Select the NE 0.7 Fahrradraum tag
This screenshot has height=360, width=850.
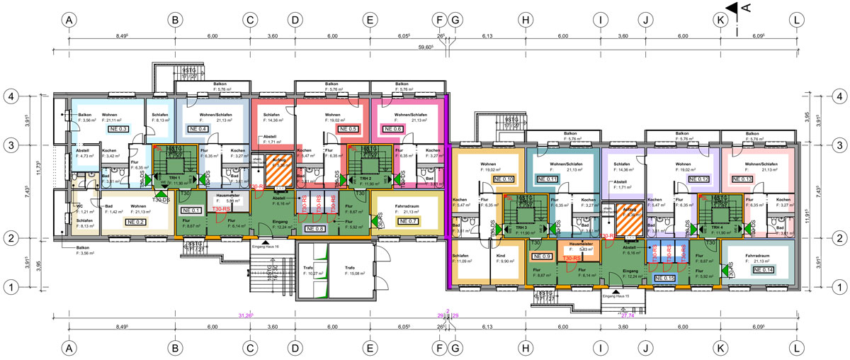[x=409, y=221]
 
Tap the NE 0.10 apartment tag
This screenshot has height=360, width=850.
[x=504, y=180]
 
